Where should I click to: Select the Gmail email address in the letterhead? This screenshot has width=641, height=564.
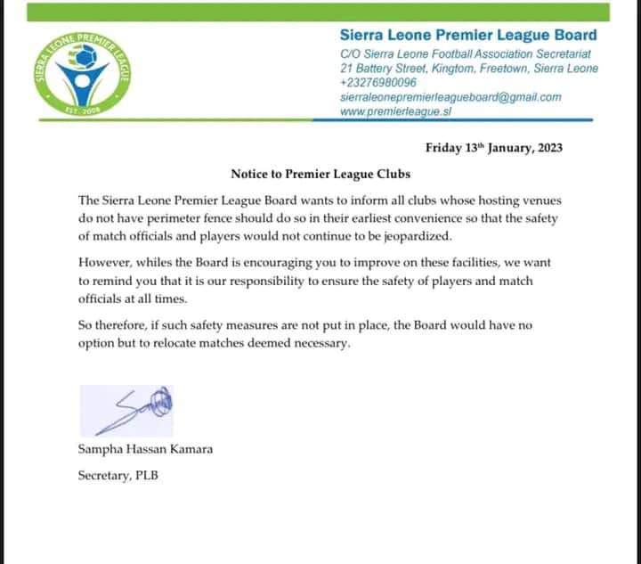click(x=450, y=97)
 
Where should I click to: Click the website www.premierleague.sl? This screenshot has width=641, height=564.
click(x=398, y=112)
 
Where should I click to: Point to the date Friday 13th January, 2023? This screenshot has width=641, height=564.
click(x=491, y=148)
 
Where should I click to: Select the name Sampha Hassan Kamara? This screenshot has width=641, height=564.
click(x=145, y=449)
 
